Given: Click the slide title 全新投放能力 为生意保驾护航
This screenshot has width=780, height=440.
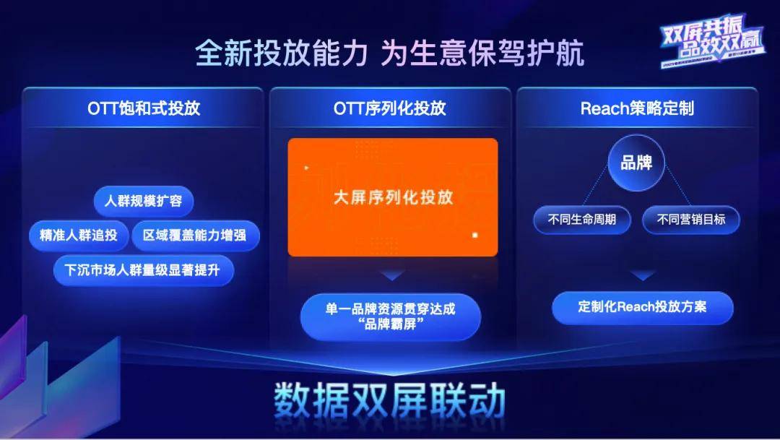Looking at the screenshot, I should pos(389,54).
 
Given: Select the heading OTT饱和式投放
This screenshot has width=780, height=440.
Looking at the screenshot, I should pos(144,108).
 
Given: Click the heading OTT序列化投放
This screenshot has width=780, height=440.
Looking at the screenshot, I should pos(390,108).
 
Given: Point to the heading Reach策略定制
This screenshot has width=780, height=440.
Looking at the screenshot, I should pos(636,108).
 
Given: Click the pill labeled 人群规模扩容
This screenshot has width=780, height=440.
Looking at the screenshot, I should pos(144,201).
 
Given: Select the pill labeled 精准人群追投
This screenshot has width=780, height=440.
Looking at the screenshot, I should pos(79,236).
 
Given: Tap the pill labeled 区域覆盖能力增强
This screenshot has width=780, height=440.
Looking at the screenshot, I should pos(196,236).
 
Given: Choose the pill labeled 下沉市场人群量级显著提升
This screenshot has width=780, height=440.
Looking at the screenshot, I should pos(144,270).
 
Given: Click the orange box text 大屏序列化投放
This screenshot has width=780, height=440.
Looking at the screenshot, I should pos(393,197).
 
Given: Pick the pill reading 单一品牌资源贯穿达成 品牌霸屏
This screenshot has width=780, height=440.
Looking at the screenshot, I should pos(390,316).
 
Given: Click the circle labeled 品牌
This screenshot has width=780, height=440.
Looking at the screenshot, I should pos(636,163).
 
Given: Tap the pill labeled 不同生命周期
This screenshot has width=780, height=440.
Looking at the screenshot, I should pos(581,220).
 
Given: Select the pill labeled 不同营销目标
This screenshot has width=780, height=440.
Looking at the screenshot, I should pos(691,220).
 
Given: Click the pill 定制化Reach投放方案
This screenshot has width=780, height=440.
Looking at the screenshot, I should pos(642,306).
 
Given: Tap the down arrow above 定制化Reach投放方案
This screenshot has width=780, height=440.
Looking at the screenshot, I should pos(642,275).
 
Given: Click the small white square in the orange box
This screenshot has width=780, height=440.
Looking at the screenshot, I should pos(474,235).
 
